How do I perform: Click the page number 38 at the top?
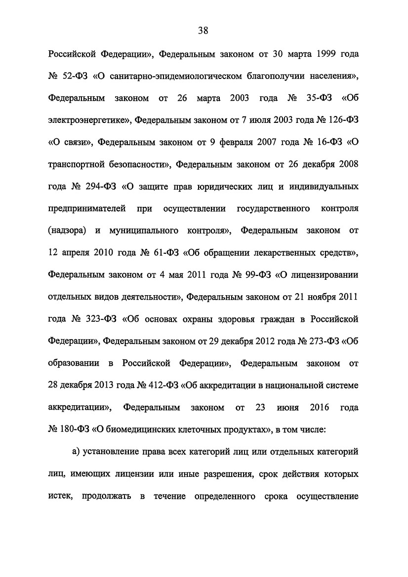pos(204,31)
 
